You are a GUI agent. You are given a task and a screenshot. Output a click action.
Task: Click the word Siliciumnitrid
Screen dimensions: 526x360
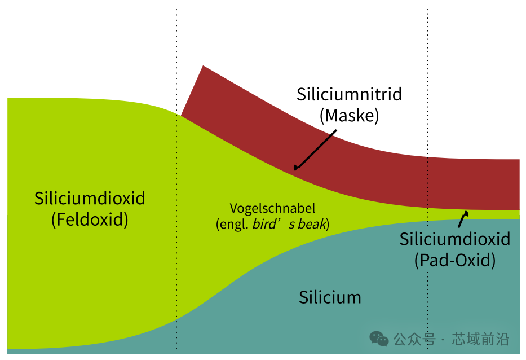click(349, 94)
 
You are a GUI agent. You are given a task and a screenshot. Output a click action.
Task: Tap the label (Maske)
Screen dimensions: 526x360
click(349, 116)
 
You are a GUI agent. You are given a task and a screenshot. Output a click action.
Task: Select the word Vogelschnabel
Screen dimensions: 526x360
click(272, 209)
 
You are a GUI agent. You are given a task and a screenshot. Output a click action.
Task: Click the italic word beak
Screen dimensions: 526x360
click(312, 224)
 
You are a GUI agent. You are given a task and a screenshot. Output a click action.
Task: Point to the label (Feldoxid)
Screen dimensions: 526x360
click(90, 220)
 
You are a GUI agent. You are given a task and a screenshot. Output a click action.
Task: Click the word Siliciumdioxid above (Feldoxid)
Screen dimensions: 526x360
click(90, 198)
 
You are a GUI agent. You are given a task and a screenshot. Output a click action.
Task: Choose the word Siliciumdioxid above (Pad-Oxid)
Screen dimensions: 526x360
click(454, 239)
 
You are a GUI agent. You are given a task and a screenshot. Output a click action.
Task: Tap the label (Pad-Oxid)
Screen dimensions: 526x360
click(454, 260)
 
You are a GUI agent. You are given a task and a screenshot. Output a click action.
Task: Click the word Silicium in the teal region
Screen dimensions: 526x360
click(330, 297)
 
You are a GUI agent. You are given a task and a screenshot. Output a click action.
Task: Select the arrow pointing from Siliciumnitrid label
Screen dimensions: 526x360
click(315, 150)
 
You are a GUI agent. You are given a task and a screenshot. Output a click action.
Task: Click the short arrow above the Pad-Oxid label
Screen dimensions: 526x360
click(463, 219)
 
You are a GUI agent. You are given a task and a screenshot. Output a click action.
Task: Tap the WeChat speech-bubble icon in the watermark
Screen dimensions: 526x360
click(379, 339)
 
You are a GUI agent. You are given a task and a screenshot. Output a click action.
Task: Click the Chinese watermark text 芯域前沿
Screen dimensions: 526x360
click(480, 339)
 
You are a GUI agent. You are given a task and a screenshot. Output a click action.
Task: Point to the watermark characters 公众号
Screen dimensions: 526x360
click(414, 339)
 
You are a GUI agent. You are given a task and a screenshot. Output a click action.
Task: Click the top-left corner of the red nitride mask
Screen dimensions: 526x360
click(203, 66)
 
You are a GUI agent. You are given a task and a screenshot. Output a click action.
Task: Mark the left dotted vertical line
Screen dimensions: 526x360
click(176, 179)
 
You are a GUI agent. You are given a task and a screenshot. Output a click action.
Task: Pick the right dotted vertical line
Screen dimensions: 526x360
click(428, 179)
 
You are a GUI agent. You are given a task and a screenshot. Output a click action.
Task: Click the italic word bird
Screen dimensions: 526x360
click(263, 224)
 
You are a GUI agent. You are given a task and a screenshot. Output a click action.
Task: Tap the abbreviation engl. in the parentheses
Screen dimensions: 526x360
click(234, 225)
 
